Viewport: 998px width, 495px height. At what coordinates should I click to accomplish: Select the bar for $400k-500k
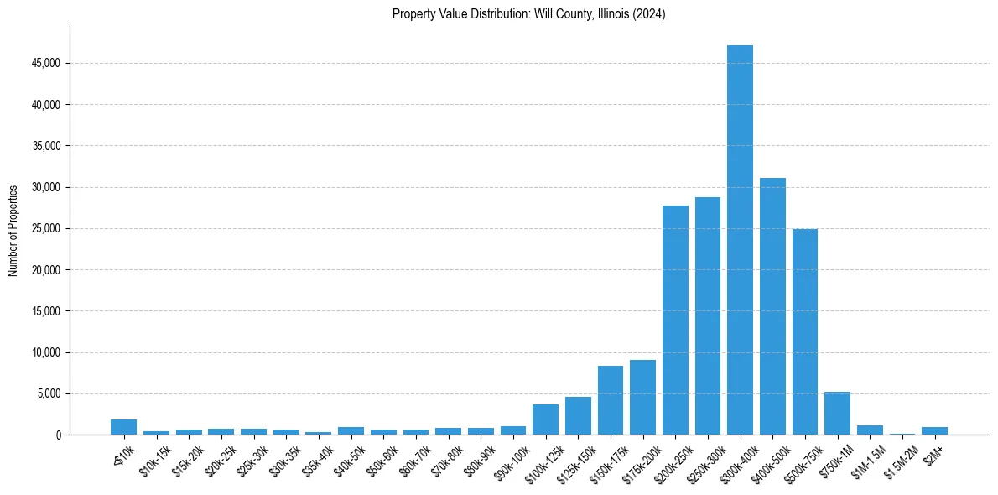(772, 306)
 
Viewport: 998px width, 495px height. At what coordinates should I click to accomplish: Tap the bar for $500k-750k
(805, 332)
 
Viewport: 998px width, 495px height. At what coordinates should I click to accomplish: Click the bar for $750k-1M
(837, 414)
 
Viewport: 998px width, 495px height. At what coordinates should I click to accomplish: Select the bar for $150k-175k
(611, 400)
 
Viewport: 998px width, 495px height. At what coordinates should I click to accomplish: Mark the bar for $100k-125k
(545, 419)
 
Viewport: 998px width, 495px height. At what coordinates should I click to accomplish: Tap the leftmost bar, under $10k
(123, 427)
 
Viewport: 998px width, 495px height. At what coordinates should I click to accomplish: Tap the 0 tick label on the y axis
(59, 435)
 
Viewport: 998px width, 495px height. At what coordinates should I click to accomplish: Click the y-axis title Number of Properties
(13, 231)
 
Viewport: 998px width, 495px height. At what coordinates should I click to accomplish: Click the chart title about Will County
(529, 14)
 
